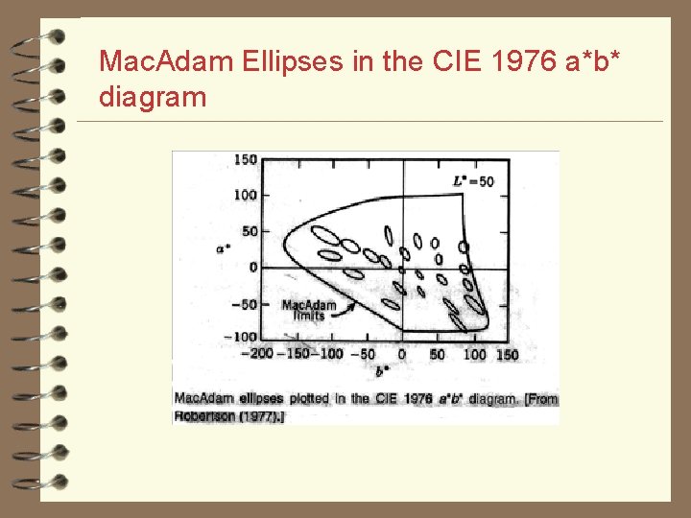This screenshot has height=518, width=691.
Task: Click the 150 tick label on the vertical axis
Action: click(247, 159)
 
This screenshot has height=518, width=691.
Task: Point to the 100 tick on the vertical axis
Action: click(247, 195)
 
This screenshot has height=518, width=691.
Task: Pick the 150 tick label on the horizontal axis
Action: click(507, 354)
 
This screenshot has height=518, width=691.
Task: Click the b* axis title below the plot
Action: click(382, 370)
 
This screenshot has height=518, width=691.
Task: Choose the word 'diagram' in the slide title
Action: click(153, 97)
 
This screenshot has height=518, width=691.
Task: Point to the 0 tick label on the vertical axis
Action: click(253, 267)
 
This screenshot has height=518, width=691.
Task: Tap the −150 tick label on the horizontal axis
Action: click(294, 354)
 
